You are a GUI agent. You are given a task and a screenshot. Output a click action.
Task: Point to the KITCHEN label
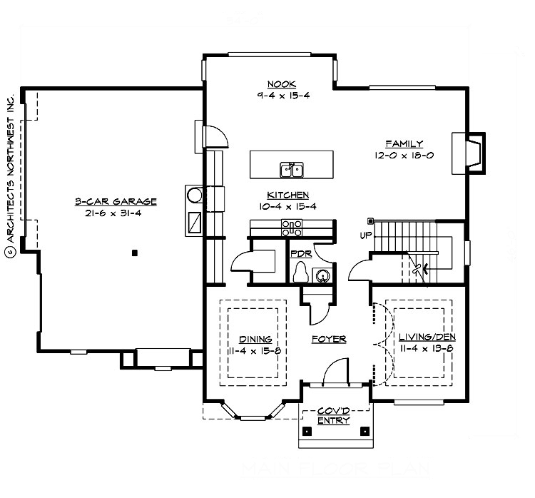tap(287, 195)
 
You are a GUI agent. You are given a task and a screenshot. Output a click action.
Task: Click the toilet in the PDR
tap(302, 273)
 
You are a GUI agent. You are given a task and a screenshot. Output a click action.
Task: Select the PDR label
tap(300, 253)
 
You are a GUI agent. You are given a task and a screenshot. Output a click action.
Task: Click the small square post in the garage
tap(134, 252)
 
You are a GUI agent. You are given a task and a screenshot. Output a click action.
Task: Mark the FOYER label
tap(328, 340)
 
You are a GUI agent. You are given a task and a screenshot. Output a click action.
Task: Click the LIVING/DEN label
tap(427, 337)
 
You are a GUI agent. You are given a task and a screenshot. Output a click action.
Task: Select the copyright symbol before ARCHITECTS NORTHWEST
tap(10, 252)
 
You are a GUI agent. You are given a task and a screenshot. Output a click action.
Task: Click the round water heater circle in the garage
tap(195, 194)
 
